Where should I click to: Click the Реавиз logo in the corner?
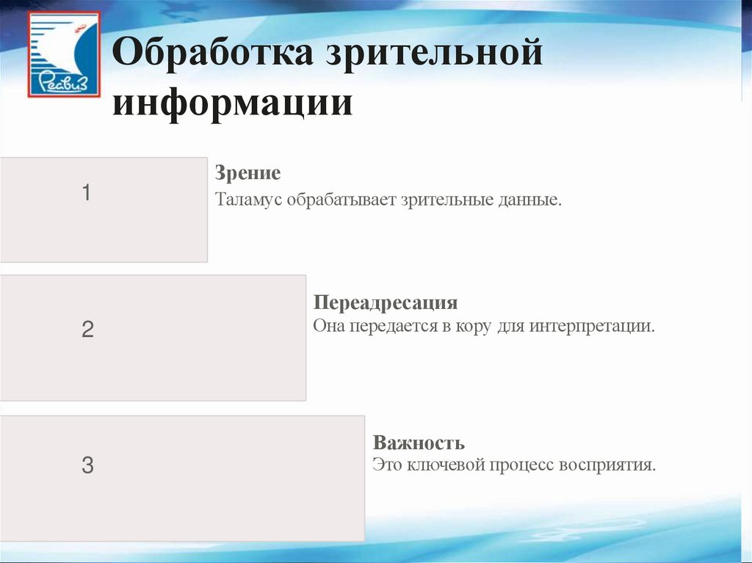(x=64, y=54)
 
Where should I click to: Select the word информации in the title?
(x=232, y=102)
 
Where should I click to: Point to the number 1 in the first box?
(x=87, y=194)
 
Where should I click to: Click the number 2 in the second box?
(x=87, y=330)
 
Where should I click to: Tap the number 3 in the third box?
(x=87, y=465)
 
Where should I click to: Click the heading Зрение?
(x=247, y=174)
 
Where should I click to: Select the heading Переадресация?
(x=386, y=303)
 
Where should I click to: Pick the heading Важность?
(x=419, y=443)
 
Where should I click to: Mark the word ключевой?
(x=444, y=465)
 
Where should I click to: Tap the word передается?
(x=393, y=325)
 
